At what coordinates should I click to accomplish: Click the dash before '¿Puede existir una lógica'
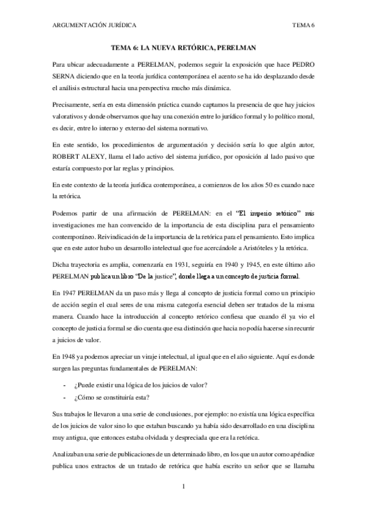(66, 384)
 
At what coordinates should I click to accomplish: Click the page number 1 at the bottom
(183, 487)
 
